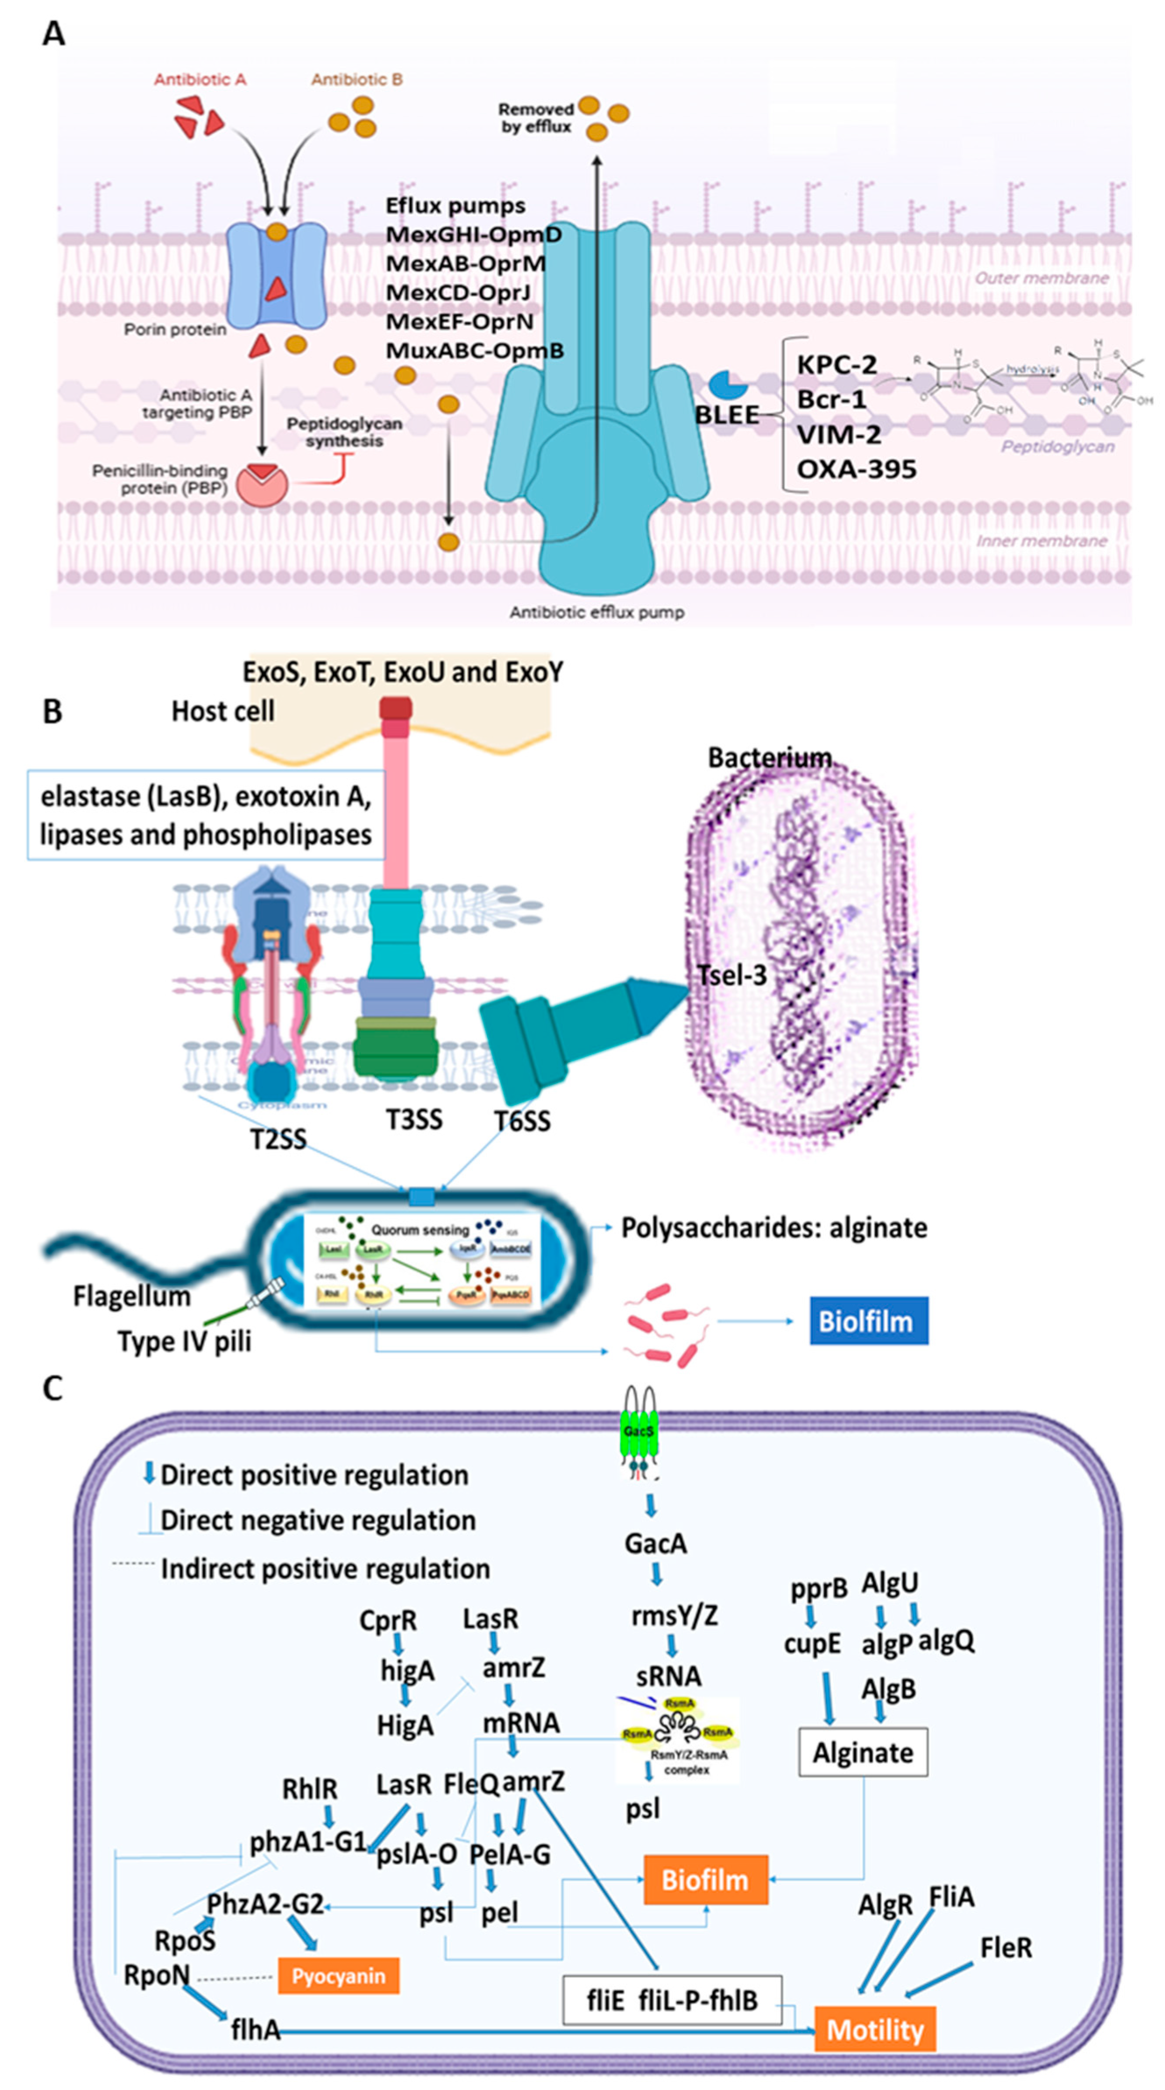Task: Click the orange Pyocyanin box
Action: tap(338, 1976)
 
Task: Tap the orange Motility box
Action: tap(874, 2030)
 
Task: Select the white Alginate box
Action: tap(862, 1752)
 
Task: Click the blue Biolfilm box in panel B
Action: tap(868, 1320)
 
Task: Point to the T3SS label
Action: tap(414, 1119)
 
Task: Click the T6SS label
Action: tap(522, 1121)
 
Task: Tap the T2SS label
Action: tap(279, 1139)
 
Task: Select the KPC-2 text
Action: tap(837, 364)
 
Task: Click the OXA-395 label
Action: tap(856, 469)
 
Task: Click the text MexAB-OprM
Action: tap(465, 264)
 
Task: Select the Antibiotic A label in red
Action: tap(200, 80)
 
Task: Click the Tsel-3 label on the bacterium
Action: tap(731, 975)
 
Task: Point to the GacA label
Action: tap(655, 1543)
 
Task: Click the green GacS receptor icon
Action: tap(639, 1432)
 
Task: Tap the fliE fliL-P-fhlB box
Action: tap(672, 2000)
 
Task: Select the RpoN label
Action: tap(156, 1975)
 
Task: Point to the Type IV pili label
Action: tap(184, 1341)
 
